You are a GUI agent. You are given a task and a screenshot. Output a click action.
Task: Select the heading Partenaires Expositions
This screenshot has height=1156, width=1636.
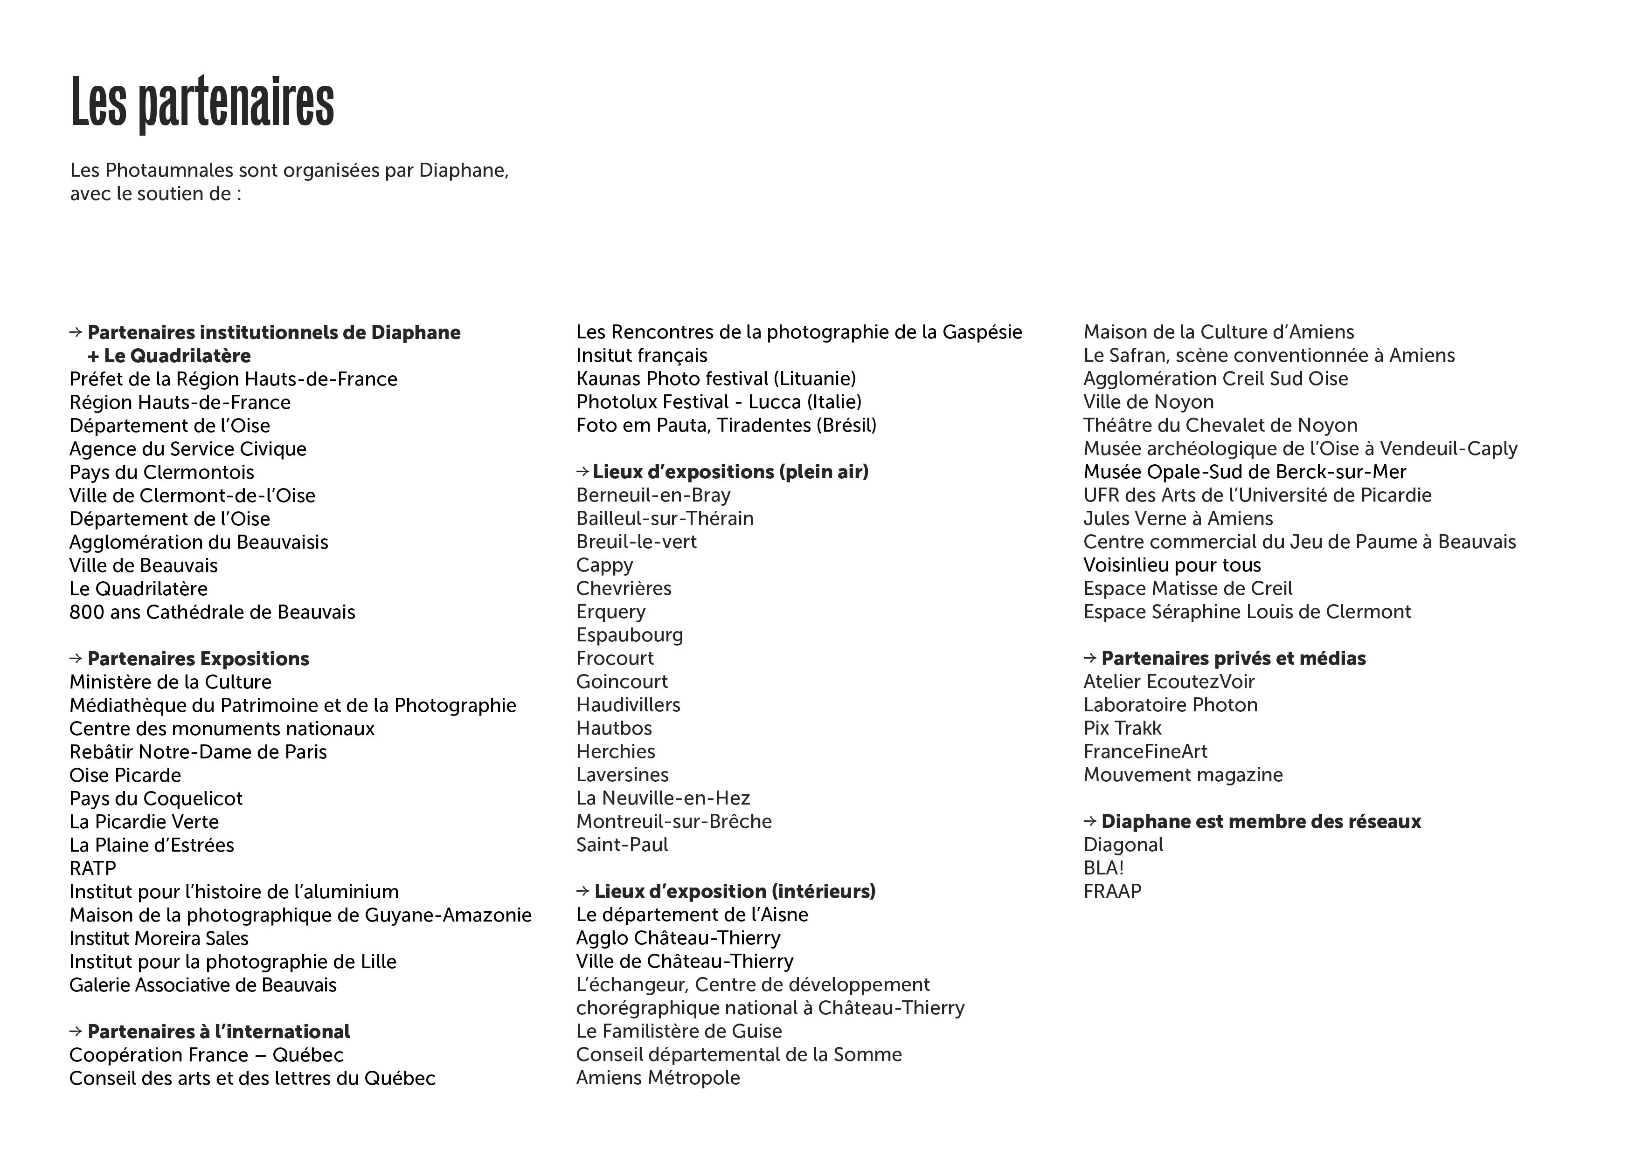[x=198, y=659]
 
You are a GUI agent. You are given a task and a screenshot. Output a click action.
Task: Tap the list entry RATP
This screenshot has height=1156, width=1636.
[x=93, y=868]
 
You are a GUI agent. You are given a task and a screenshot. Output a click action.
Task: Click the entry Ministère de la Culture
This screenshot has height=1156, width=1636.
[x=170, y=682]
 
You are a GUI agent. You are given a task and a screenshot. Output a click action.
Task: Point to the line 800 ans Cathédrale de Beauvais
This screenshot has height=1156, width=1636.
[x=212, y=612]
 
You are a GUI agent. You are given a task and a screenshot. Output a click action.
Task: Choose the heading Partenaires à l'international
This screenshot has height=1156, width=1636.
[x=218, y=1032]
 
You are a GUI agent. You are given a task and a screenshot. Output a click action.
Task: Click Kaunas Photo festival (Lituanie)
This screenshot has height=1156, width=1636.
[x=716, y=379]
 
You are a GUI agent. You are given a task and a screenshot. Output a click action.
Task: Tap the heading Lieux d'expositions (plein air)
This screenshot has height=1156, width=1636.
[x=730, y=472]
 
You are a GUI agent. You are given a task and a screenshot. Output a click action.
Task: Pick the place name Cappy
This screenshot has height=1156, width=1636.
[x=604, y=565]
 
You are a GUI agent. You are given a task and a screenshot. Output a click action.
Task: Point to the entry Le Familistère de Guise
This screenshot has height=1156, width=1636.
[x=679, y=1032]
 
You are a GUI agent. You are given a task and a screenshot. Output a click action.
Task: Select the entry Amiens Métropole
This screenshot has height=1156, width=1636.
[x=658, y=1078]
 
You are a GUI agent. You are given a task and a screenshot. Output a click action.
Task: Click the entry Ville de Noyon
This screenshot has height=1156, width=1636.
[x=1149, y=402]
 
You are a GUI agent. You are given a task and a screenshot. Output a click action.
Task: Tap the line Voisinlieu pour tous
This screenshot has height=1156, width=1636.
[x=1172, y=565]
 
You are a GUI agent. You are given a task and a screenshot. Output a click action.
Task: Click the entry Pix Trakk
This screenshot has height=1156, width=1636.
[x=1122, y=729]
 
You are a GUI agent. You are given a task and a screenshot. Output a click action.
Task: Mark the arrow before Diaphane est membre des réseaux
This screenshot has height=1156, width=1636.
[x=1089, y=821]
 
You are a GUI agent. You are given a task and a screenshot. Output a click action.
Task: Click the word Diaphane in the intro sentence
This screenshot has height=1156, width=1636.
[x=463, y=171]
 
